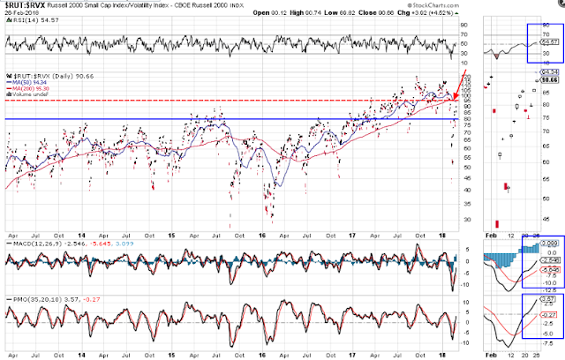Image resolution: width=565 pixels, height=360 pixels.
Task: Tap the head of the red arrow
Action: [x=455, y=96]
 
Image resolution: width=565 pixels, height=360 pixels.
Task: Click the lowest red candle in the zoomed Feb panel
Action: [x=498, y=225]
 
